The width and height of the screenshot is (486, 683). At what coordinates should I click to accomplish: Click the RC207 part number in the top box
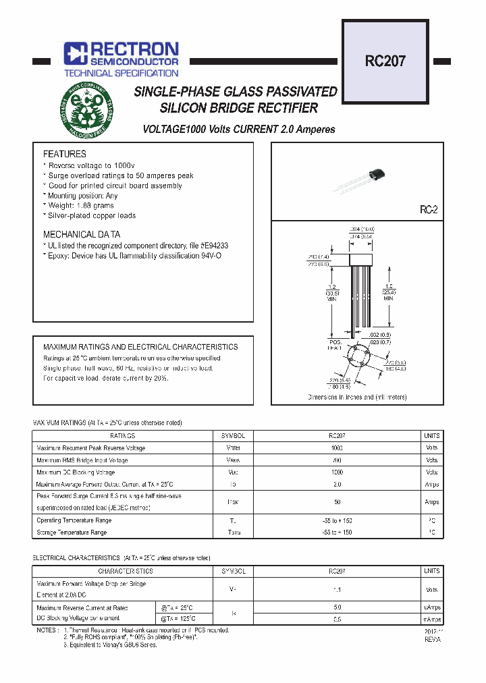coord(385,61)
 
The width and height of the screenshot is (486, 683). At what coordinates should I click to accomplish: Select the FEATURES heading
coord(65,154)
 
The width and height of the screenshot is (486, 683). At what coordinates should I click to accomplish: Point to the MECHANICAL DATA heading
coord(82,234)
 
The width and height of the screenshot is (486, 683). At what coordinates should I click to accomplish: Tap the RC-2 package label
coord(429,211)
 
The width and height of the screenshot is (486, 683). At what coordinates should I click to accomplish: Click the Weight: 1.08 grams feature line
coord(81,205)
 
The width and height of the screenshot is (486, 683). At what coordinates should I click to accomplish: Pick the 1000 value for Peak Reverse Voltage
coord(337,448)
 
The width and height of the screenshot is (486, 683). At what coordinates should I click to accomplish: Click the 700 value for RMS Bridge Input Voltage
coord(337,460)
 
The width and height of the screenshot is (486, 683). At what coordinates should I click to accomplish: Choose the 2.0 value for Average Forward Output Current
coord(337,485)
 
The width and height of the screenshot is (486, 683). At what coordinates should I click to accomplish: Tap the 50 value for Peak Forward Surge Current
coord(337,502)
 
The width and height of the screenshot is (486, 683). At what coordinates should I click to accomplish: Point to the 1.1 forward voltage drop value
coord(337,589)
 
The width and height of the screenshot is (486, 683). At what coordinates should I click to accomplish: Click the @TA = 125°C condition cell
coord(178,618)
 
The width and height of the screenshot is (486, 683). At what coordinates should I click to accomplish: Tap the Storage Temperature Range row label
coord(72,532)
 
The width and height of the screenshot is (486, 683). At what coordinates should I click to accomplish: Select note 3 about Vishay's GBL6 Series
coord(110,645)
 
